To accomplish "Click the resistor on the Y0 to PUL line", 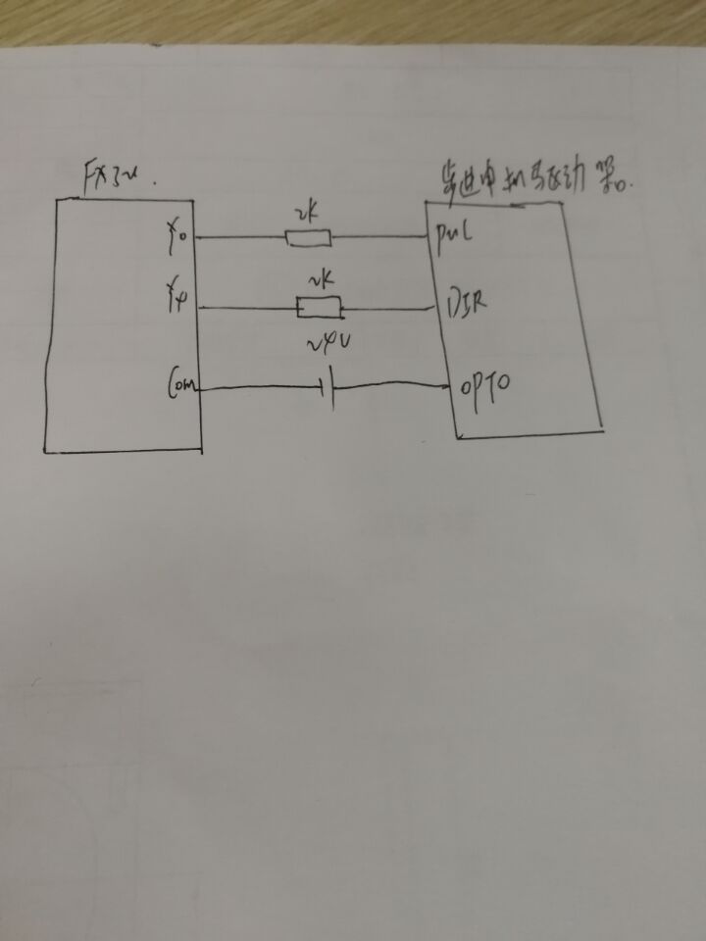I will coord(308,237).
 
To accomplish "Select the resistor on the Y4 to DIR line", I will coord(319,310).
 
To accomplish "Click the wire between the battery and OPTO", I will coord(392,385).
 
